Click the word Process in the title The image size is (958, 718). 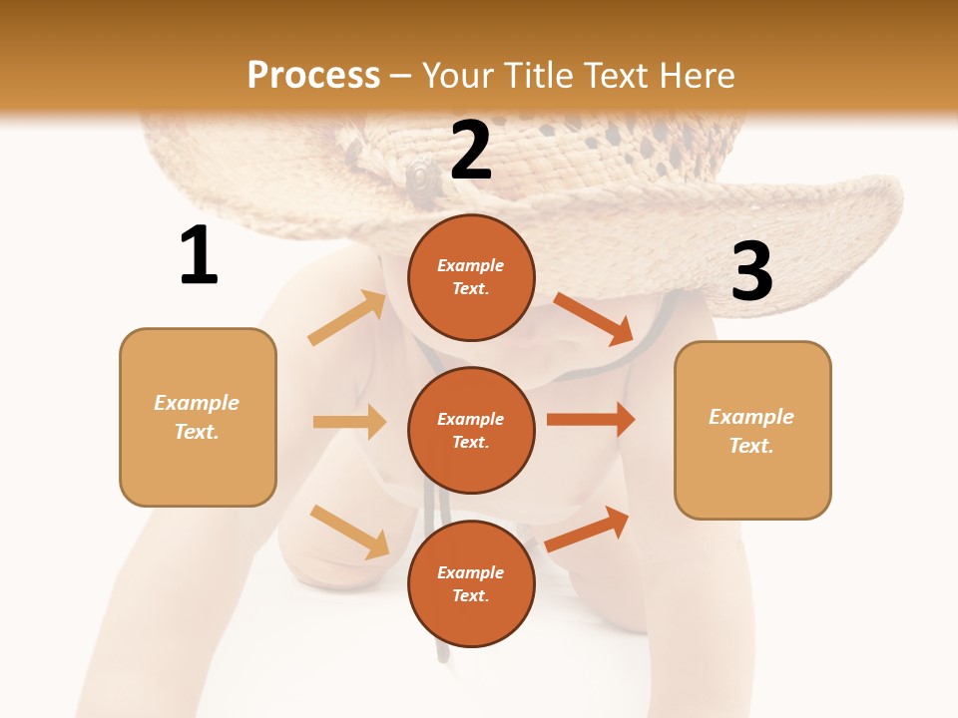pos(313,75)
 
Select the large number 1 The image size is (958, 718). pos(199,256)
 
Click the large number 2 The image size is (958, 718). pos(471,152)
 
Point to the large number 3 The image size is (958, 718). pos(751,271)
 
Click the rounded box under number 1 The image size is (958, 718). pos(198,417)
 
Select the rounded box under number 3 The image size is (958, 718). pos(752,430)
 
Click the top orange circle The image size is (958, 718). pos(471,277)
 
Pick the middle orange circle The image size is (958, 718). pos(471,430)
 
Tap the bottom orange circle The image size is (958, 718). pos(471,583)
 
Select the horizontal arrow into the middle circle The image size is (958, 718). pos(349,422)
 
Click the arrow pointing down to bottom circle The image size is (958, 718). pos(349,532)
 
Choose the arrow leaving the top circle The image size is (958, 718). pos(594,318)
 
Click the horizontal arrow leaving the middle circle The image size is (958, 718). pos(591,419)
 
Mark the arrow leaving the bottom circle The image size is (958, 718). pos(588,530)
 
